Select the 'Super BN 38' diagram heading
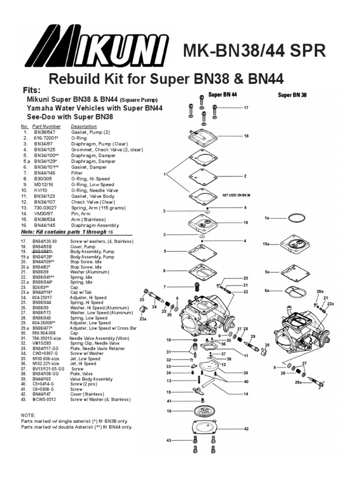[292, 95]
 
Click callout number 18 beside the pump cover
[246, 136]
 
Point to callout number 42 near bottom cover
[246, 428]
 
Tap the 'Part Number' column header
[47, 127]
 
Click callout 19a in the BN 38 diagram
[266, 244]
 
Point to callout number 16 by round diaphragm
[168, 411]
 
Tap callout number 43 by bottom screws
[168, 441]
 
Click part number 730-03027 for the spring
[45, 208]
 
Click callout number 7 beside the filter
[164, 286]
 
